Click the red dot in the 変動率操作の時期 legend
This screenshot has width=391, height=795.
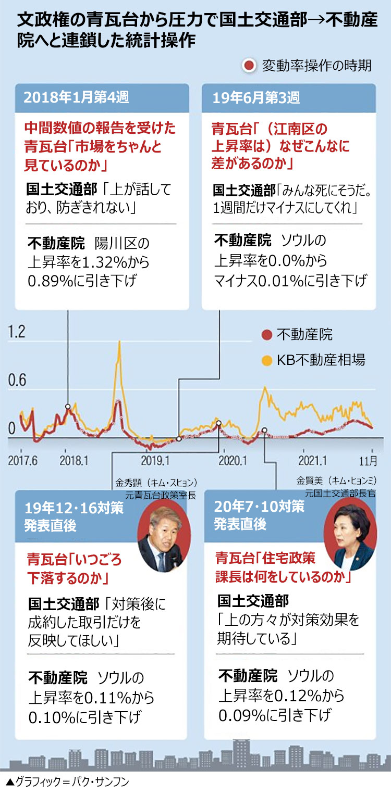click(x=249, y=66)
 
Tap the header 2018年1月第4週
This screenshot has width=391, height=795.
click(x=76, y=97)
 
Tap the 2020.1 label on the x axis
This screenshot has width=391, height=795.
click(x=232, y=460)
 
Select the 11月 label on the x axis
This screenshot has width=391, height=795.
click(x=371, y=460)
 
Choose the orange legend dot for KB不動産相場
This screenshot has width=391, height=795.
click(x=267, y=359)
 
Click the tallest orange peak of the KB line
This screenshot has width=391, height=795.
click(x=119, y=342)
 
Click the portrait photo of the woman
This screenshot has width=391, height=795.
click(x=350, y=540)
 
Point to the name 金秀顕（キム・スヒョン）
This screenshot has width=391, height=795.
click(x=155, y=482)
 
